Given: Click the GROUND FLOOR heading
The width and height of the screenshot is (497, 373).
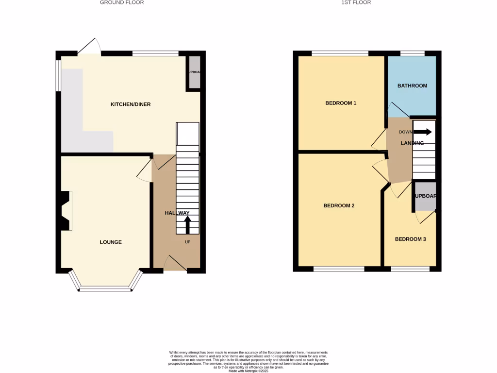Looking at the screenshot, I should click(122, 2).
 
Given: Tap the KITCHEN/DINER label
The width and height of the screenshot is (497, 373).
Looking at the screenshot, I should click(131, 104).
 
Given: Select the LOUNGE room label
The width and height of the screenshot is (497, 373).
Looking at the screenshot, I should click(111, 242).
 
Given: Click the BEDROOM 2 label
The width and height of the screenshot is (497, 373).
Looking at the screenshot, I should click(339, 205).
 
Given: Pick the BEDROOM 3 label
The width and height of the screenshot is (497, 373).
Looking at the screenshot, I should click(410, 239).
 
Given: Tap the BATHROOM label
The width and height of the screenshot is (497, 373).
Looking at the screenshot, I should click(412, 85).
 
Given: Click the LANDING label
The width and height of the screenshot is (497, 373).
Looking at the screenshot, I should click(412, 143).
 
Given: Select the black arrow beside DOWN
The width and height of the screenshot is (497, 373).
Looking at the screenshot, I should click(422, 132).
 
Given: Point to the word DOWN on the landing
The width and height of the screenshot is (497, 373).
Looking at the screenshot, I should click(405, 132).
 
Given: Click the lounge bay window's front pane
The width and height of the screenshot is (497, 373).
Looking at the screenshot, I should click(105, 289).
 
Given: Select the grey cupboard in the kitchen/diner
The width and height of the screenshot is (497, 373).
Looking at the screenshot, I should click(194, 73).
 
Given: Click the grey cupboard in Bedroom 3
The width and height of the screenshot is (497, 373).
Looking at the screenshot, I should click(425, 196).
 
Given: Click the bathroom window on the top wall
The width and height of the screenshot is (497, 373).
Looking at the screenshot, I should click(412, 53).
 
